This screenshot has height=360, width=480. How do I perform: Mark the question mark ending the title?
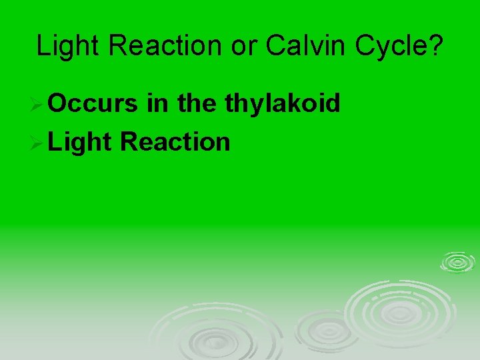pos(435,46)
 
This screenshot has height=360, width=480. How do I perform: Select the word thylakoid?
pos(283,103)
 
